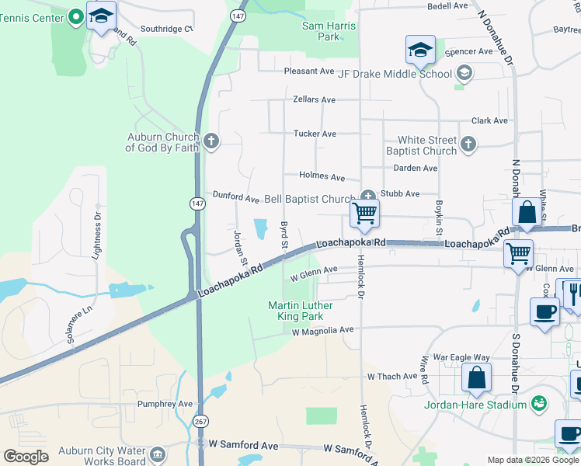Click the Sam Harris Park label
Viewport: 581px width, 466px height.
tap(329, 31)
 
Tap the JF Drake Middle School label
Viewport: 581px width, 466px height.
tap(395, 75)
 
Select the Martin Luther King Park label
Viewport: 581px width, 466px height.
tap(301, 311)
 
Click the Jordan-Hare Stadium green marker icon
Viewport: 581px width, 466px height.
tap(538, 404)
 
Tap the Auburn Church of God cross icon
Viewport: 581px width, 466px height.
tap(211, 142)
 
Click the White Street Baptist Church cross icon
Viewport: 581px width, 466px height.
tap(468, 144)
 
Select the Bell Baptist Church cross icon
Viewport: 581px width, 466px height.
tap(368, 196)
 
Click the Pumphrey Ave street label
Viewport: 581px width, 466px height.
tap(165, 404)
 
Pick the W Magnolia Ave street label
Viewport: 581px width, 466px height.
tap(322, 330)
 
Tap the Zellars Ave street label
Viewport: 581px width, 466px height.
tap(314, 100)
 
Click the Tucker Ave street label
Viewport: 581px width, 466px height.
tap(315, 134)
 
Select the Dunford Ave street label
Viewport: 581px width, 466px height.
tap(236, 198)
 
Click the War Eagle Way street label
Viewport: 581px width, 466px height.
tap(461, 358)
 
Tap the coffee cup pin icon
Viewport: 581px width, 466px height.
tap(544, 311)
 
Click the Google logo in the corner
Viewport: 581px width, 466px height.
tap(26, 457)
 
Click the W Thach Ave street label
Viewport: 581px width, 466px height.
tap(392, 377)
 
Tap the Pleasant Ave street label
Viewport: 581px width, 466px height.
tap(308, 71)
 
